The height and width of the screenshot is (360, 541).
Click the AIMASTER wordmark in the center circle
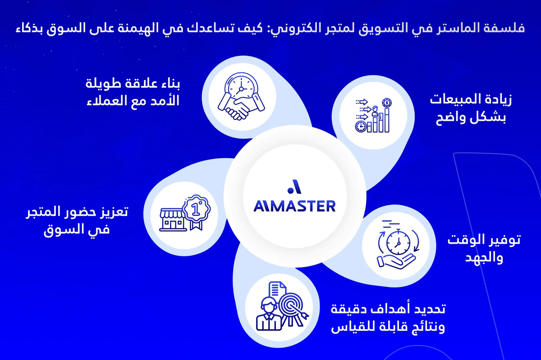tap(294, 206)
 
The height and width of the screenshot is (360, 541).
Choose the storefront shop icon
tap(173, 219)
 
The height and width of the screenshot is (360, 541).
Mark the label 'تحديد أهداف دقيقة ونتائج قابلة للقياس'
tap(388, 318)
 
